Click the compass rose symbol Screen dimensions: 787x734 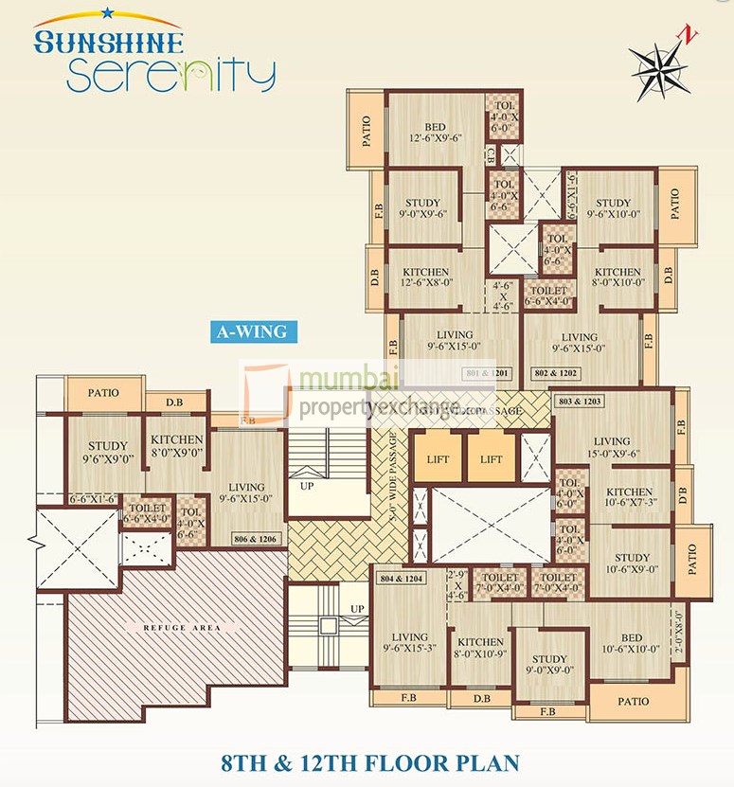pos(661,65)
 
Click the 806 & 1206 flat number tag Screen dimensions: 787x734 pos(256,539)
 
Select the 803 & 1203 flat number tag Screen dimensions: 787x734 pos(580,402)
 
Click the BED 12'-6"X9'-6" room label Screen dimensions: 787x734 pos(435,133)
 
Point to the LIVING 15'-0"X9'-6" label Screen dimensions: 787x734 pos(611,447)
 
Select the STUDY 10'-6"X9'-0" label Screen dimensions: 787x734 pos(632,563)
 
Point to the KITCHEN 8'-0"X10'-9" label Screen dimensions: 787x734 pos(480,648)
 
